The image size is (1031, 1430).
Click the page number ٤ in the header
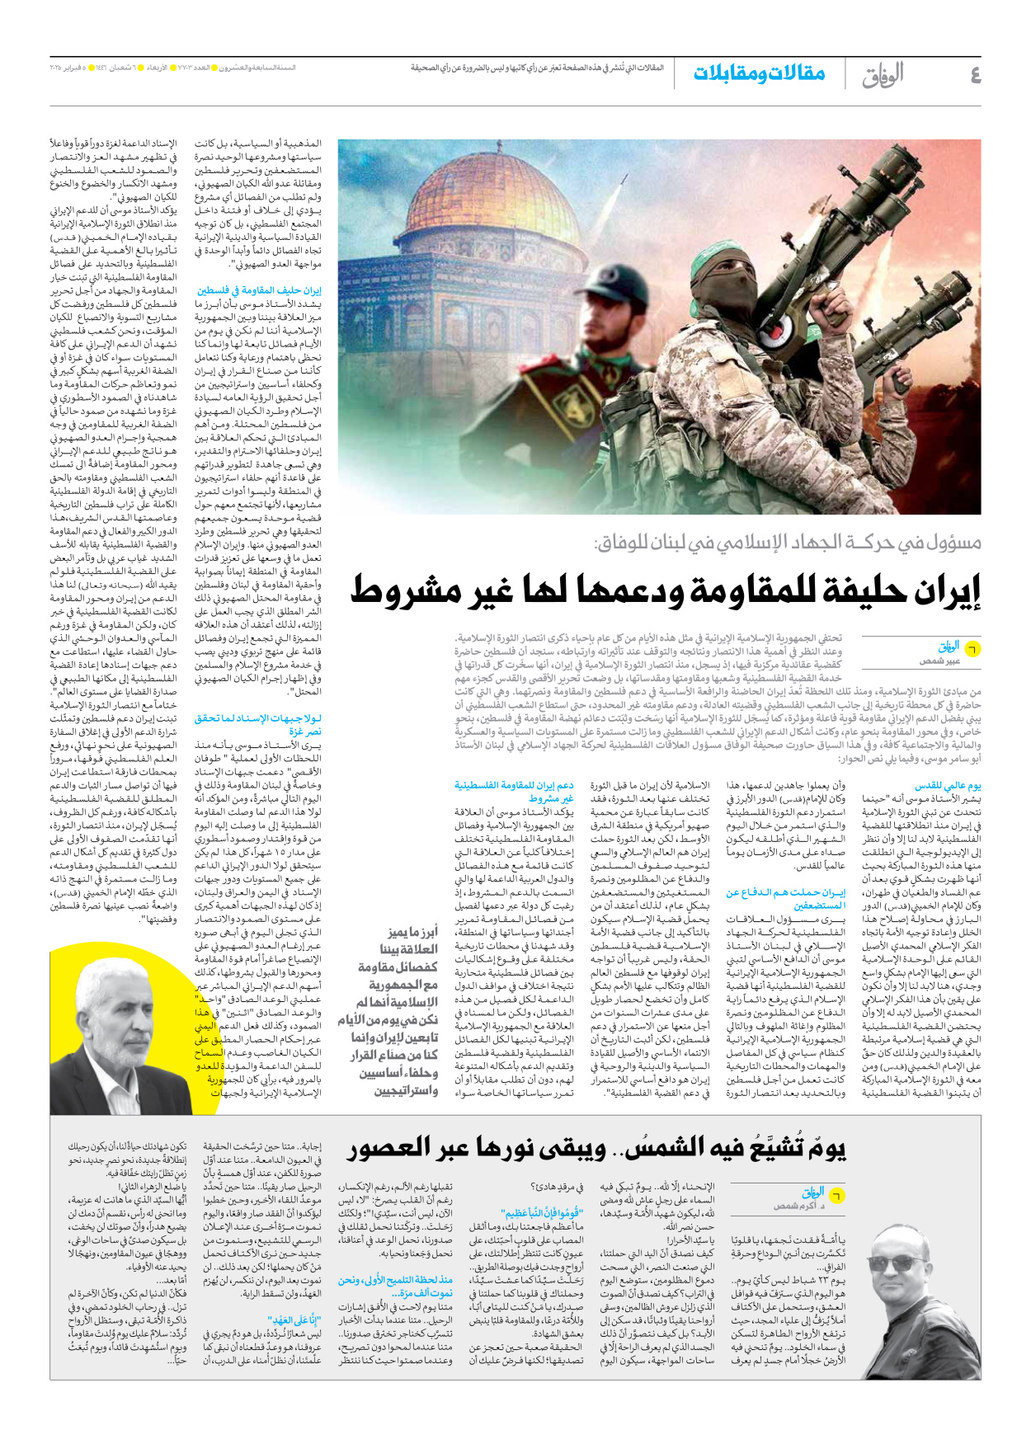tap(975, 75)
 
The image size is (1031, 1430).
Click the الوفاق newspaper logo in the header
tap(883, 75)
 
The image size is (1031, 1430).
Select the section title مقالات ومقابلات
tap(758, 73)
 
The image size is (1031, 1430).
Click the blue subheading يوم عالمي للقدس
tap(948, 786)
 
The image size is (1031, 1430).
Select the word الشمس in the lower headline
tap(651, 1148)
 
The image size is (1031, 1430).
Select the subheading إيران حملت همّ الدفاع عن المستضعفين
tap(786, 898)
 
